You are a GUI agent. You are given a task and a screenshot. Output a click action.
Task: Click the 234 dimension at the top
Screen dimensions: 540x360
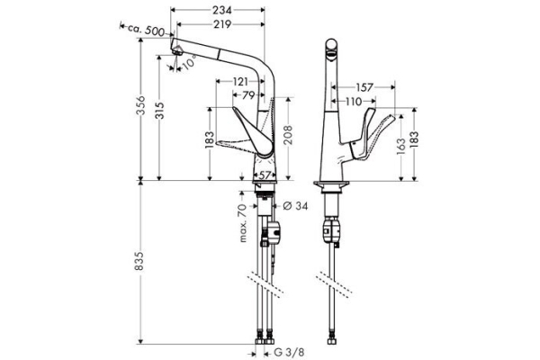pos(221,10)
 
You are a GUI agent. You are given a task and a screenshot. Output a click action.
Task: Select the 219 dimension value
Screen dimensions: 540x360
pos(221,24)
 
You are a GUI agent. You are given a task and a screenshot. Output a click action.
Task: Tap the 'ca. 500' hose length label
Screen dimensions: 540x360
pos(146,30)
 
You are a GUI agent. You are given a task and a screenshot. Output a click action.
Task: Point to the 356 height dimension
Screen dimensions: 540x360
pos(140,105)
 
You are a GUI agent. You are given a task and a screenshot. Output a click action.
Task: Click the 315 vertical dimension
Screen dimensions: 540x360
pos(159,110)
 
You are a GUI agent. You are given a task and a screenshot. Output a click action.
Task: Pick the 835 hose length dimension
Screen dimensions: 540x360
pos(139,261)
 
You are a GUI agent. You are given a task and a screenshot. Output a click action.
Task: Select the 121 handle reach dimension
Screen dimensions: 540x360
pos(240,82)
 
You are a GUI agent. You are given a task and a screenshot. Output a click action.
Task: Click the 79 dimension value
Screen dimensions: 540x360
pos(248,95)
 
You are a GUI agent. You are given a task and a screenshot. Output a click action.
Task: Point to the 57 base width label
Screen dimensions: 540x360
pos(265,175)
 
